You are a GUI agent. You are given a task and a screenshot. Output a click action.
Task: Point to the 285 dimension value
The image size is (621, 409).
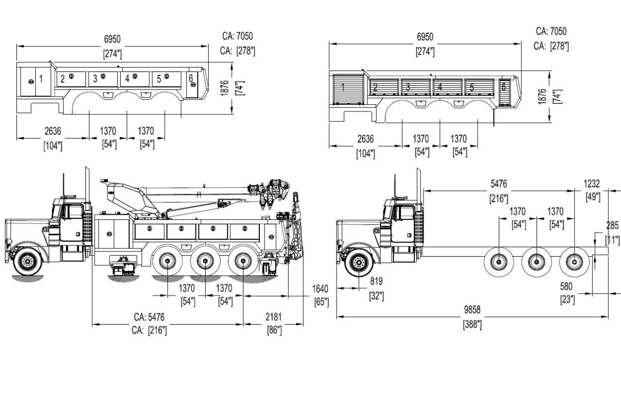point(612,225)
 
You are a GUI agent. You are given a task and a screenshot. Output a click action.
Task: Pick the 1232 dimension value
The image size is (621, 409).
point(593,184)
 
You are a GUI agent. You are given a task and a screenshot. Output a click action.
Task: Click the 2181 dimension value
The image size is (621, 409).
point(274,318)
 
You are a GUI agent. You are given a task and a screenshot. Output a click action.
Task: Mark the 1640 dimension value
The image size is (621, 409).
point(320,289)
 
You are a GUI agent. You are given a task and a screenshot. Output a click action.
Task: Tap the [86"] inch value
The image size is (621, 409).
point(274,330)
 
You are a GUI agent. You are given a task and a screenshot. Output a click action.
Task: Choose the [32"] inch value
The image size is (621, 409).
point(376,296)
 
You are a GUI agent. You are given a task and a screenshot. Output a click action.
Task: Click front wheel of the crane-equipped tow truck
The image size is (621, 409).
point(26,262)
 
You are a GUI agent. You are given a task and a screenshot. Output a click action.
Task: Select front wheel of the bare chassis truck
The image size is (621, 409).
point(358,263)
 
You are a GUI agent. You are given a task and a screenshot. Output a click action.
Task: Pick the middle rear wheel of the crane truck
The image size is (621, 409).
point(205,262)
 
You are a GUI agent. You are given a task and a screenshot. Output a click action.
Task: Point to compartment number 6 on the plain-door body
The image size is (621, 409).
point(191,78)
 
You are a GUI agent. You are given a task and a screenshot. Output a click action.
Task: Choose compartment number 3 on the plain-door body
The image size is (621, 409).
point(95,79)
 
